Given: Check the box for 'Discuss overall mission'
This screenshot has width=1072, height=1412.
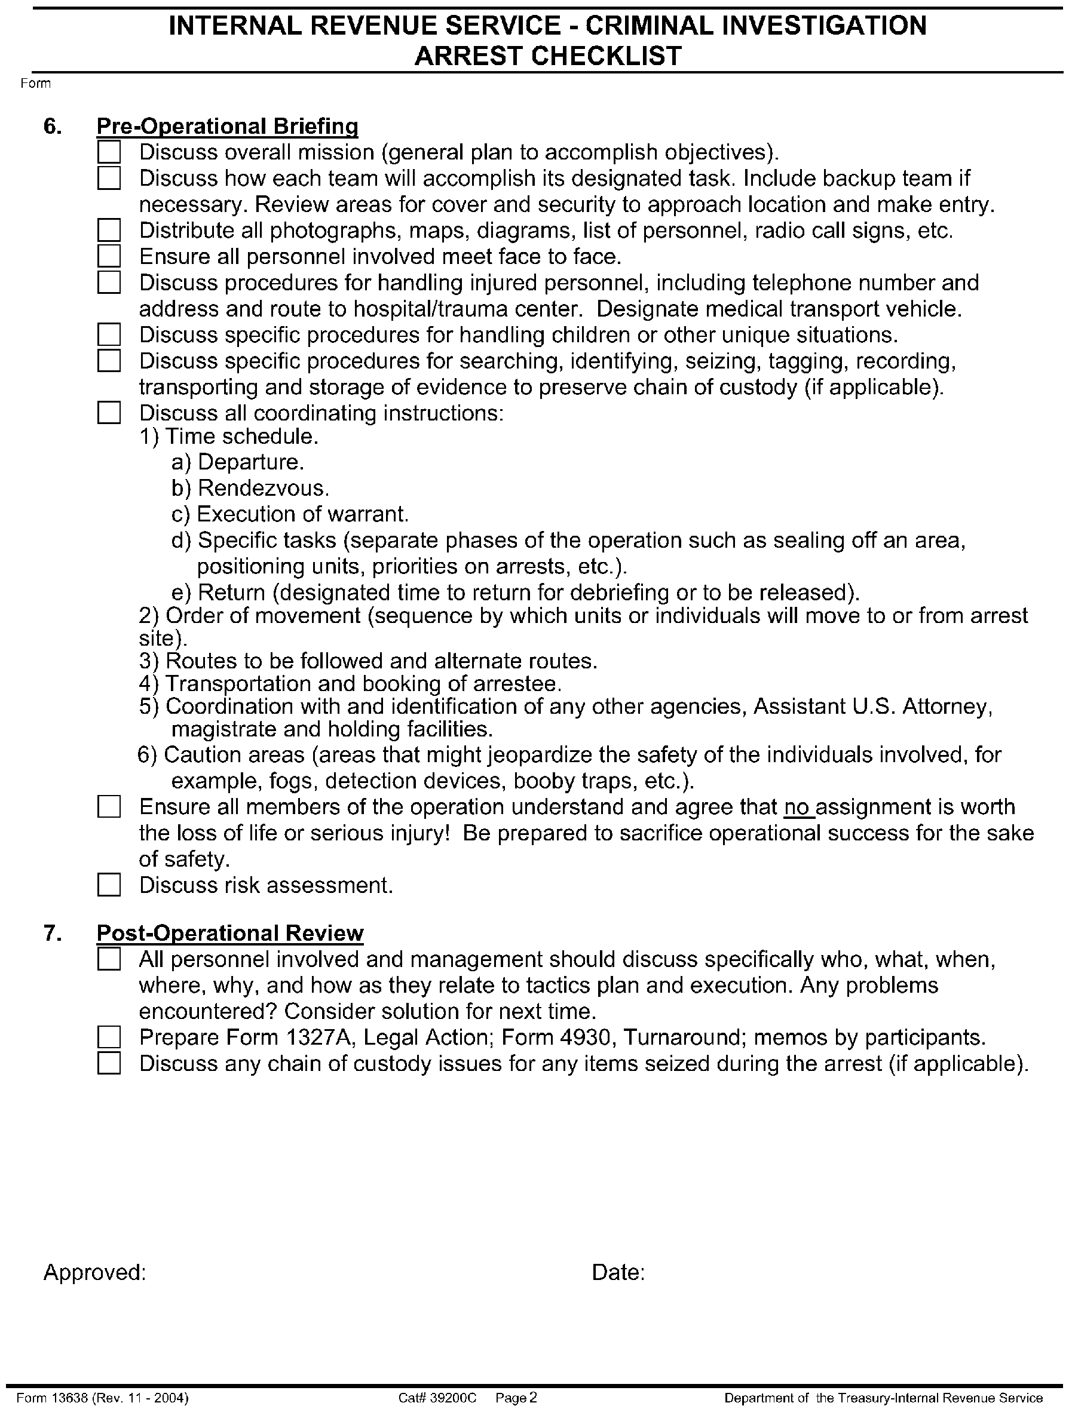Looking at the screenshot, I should point(109,152).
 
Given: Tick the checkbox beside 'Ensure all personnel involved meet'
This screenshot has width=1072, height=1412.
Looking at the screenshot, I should point(109,257).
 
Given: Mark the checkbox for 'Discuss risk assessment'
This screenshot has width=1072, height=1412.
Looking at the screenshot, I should point(109,885).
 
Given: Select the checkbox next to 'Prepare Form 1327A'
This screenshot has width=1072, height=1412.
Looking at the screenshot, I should point(109,1038).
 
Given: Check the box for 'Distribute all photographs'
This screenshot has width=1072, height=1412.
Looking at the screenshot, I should point(109,231).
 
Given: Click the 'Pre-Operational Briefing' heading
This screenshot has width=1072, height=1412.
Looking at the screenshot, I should point(226,127).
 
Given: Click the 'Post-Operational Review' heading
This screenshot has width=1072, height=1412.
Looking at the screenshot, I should point(230,933).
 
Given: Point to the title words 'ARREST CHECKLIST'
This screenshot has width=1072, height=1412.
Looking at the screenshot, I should point(548,56).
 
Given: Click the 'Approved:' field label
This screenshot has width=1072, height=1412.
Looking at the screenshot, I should point(94,1273).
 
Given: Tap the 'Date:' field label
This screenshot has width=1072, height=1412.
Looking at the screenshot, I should point(617,1273).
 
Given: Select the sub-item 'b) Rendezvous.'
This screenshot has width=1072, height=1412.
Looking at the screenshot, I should point(250,489).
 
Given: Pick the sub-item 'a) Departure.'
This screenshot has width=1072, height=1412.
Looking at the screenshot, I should point(237,462).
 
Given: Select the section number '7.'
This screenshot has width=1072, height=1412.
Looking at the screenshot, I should point(53,933).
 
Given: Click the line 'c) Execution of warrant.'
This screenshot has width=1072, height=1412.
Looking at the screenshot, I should point(290,514).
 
